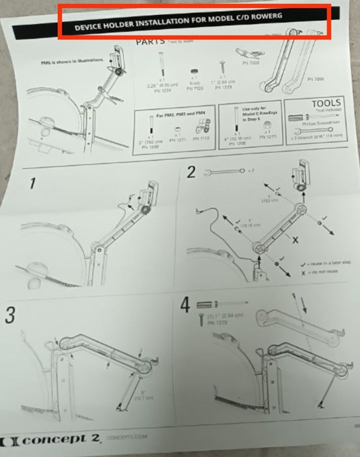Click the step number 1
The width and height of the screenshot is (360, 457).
click(x=30, y=185)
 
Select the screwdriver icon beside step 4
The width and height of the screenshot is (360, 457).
click(x=221, y=304)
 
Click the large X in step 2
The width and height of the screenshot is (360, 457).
click(x=295, y=241)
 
